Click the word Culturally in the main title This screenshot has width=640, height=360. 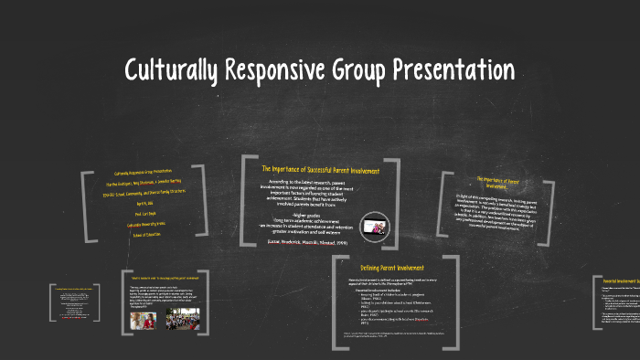(173, 69)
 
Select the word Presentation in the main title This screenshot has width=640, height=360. (469, 69)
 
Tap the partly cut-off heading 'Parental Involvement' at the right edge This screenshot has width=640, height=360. (621, 281)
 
